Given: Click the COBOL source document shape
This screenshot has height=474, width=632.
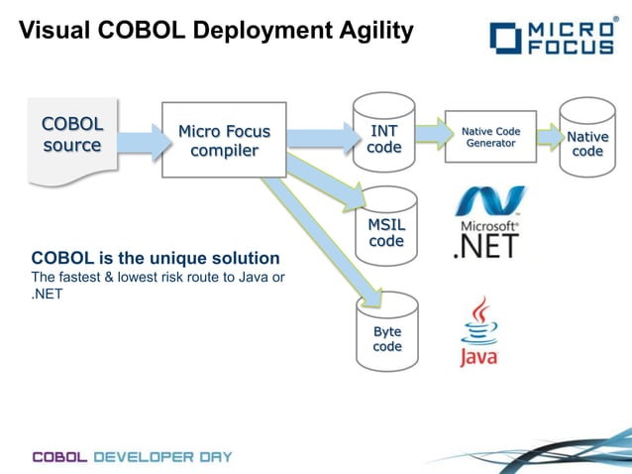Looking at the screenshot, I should tap(70, 138).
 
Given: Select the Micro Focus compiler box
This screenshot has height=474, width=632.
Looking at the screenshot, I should tap(224, 140).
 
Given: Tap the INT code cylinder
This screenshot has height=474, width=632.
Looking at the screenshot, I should tap(384, 139).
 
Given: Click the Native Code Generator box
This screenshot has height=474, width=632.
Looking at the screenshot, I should tap(490, 137).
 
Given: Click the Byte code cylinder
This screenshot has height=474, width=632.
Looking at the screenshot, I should tap(386, 335).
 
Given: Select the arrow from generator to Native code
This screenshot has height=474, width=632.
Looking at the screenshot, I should tap(549, 138).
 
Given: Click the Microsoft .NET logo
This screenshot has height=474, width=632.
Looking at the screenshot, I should tap(487, 222).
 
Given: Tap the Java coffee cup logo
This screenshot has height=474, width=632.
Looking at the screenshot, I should tap(478, 332).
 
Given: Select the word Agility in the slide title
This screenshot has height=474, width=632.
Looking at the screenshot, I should tap(369, 32).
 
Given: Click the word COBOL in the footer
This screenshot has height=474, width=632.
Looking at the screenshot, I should tap(61, 457).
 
